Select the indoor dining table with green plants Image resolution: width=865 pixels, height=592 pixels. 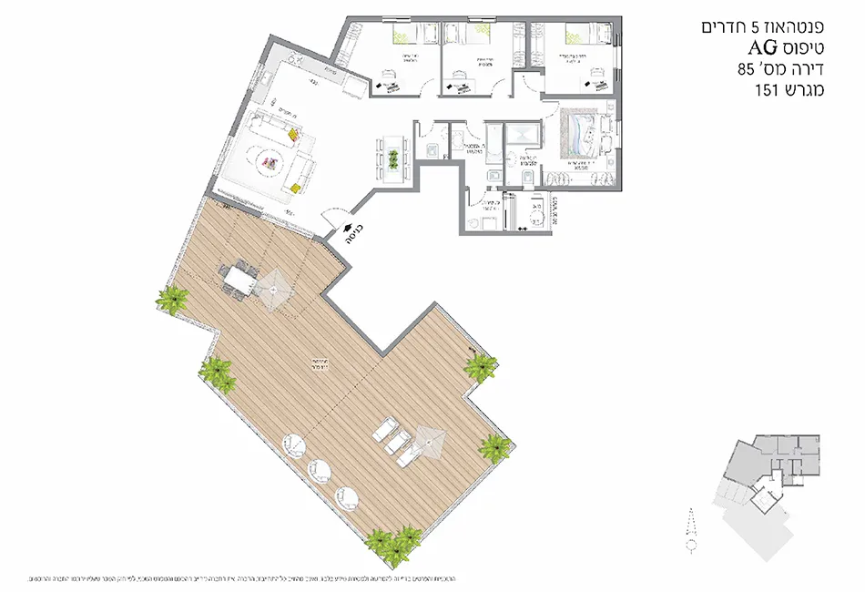[392, 157]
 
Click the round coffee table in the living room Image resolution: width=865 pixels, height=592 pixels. [270, 164]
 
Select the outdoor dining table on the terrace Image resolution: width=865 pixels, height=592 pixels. [239, 278]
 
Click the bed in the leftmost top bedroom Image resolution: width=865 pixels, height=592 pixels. [402, 36]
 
